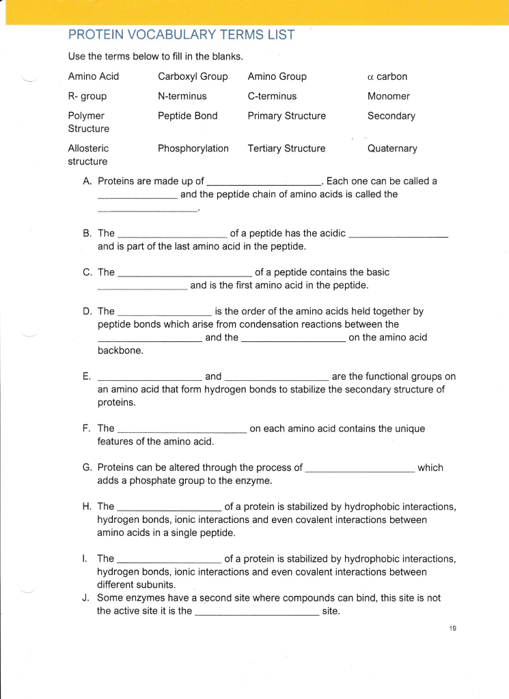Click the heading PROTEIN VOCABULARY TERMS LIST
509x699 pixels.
pos(181,35)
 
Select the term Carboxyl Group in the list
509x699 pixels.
pos(193,76)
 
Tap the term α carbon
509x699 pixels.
pos(387,76)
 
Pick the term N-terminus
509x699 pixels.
pos(182,96)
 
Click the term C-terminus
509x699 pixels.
pos(272,96)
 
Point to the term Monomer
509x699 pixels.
pos(389,96)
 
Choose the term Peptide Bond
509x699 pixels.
pos(187,116)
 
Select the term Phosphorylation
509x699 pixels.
pos(193,148)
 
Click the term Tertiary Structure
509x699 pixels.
pos(286,148)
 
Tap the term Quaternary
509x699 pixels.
pos(392,148)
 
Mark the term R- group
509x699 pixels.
pos(87,96)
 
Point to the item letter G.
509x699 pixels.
pos(87,468)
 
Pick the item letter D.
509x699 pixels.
pos(87,311)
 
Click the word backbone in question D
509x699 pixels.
pos(120,351)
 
